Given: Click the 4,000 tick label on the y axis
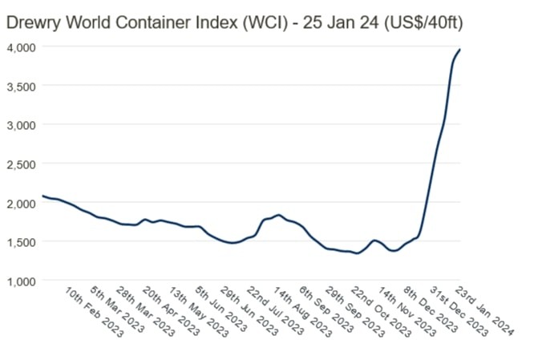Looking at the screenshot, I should point(21,47).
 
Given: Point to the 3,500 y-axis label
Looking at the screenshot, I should point(21,86).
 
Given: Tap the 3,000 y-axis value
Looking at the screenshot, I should point(21,124).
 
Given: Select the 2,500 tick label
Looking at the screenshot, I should point(21,164).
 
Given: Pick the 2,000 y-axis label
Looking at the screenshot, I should point(21,203).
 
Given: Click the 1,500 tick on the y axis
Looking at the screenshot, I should point(21,241).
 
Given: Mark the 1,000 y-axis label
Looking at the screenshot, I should point(21,281).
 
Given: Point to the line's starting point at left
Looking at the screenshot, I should point(43,196).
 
